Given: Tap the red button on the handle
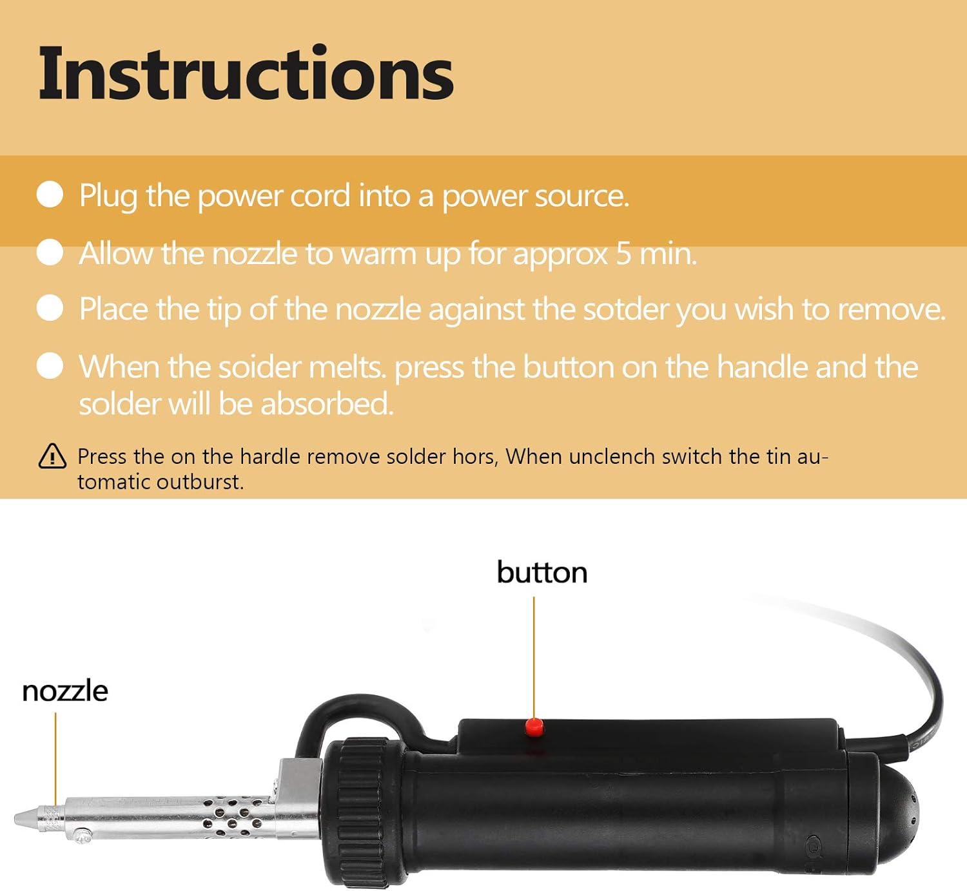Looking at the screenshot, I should click(533, 727).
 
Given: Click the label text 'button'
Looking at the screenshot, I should click(542, 572).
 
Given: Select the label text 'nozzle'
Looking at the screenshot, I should click(64, 691).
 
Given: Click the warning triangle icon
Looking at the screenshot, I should click(52, 456).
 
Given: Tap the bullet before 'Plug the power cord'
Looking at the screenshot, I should click(50, 195).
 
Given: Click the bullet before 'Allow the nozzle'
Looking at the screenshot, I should click(50, 252).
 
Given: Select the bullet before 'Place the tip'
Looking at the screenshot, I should click(50, 308).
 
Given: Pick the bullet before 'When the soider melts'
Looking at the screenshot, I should click(50, 366).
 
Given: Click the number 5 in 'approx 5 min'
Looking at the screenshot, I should click(623, 253).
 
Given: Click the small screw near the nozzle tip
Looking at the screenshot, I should click(82, 836).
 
